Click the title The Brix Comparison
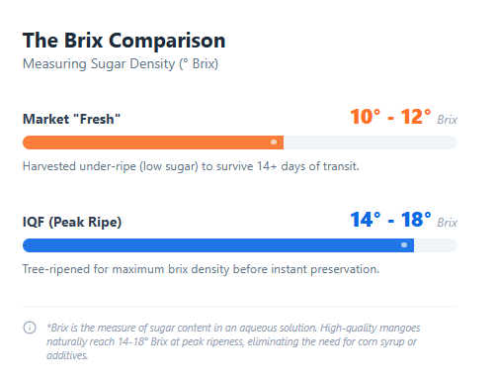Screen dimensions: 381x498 (x=124, y=41)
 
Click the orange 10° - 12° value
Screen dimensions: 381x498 (x=390, y=117)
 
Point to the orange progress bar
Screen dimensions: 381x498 (x=148, y=142)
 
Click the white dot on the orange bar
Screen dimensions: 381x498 (x=274, y=142)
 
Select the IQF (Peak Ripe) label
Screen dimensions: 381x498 (x=72, y=223)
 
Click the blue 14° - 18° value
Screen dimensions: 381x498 (x=390, y=220)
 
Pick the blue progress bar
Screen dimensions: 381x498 (x=198, y=244)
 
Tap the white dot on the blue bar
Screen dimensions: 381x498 (x=404, y=244)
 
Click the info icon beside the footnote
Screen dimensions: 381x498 (x=30, y=328)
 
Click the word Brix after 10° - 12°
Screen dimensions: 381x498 (x=447, y=120)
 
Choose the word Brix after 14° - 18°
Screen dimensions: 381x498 (x=447, y=223)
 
